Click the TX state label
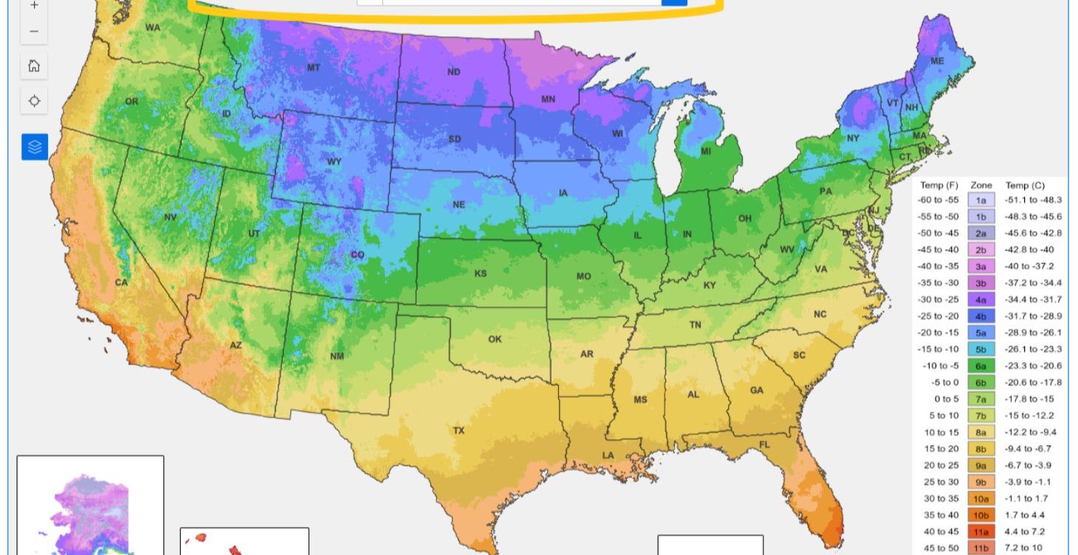459,430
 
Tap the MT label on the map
314,68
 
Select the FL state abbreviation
764,445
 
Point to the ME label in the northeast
937,61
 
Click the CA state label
121,283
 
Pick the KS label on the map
480,274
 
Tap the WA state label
153,28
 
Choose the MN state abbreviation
548,99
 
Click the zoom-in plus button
34,6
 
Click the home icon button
34,66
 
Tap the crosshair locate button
34,101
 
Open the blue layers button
34,147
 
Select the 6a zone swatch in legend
981,365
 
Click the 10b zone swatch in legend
981,515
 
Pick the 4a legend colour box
981,300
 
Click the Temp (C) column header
1025,185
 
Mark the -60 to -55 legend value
938,200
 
